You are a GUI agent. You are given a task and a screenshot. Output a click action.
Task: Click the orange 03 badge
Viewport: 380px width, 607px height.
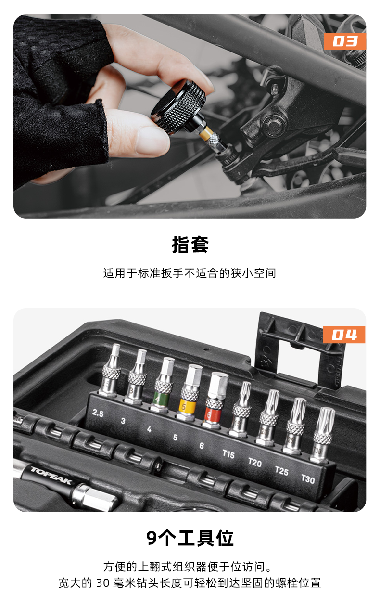345,41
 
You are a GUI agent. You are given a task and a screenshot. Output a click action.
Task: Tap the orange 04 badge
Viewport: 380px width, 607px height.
344,335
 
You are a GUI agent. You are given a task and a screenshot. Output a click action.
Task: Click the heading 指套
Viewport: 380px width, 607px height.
190,245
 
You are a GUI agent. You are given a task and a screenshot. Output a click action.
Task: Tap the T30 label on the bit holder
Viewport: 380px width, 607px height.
308,479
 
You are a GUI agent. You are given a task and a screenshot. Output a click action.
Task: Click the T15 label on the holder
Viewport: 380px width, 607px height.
228,454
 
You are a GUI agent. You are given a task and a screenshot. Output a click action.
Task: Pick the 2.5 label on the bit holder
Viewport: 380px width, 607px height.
98,413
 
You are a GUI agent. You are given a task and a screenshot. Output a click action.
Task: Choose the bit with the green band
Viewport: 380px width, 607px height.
163,385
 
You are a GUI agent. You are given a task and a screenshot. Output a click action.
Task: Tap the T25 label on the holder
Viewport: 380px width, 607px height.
281,471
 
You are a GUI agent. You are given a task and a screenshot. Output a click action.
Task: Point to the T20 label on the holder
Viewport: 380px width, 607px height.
255,462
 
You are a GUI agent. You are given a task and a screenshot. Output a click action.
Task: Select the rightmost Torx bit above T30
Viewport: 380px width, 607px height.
323,435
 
